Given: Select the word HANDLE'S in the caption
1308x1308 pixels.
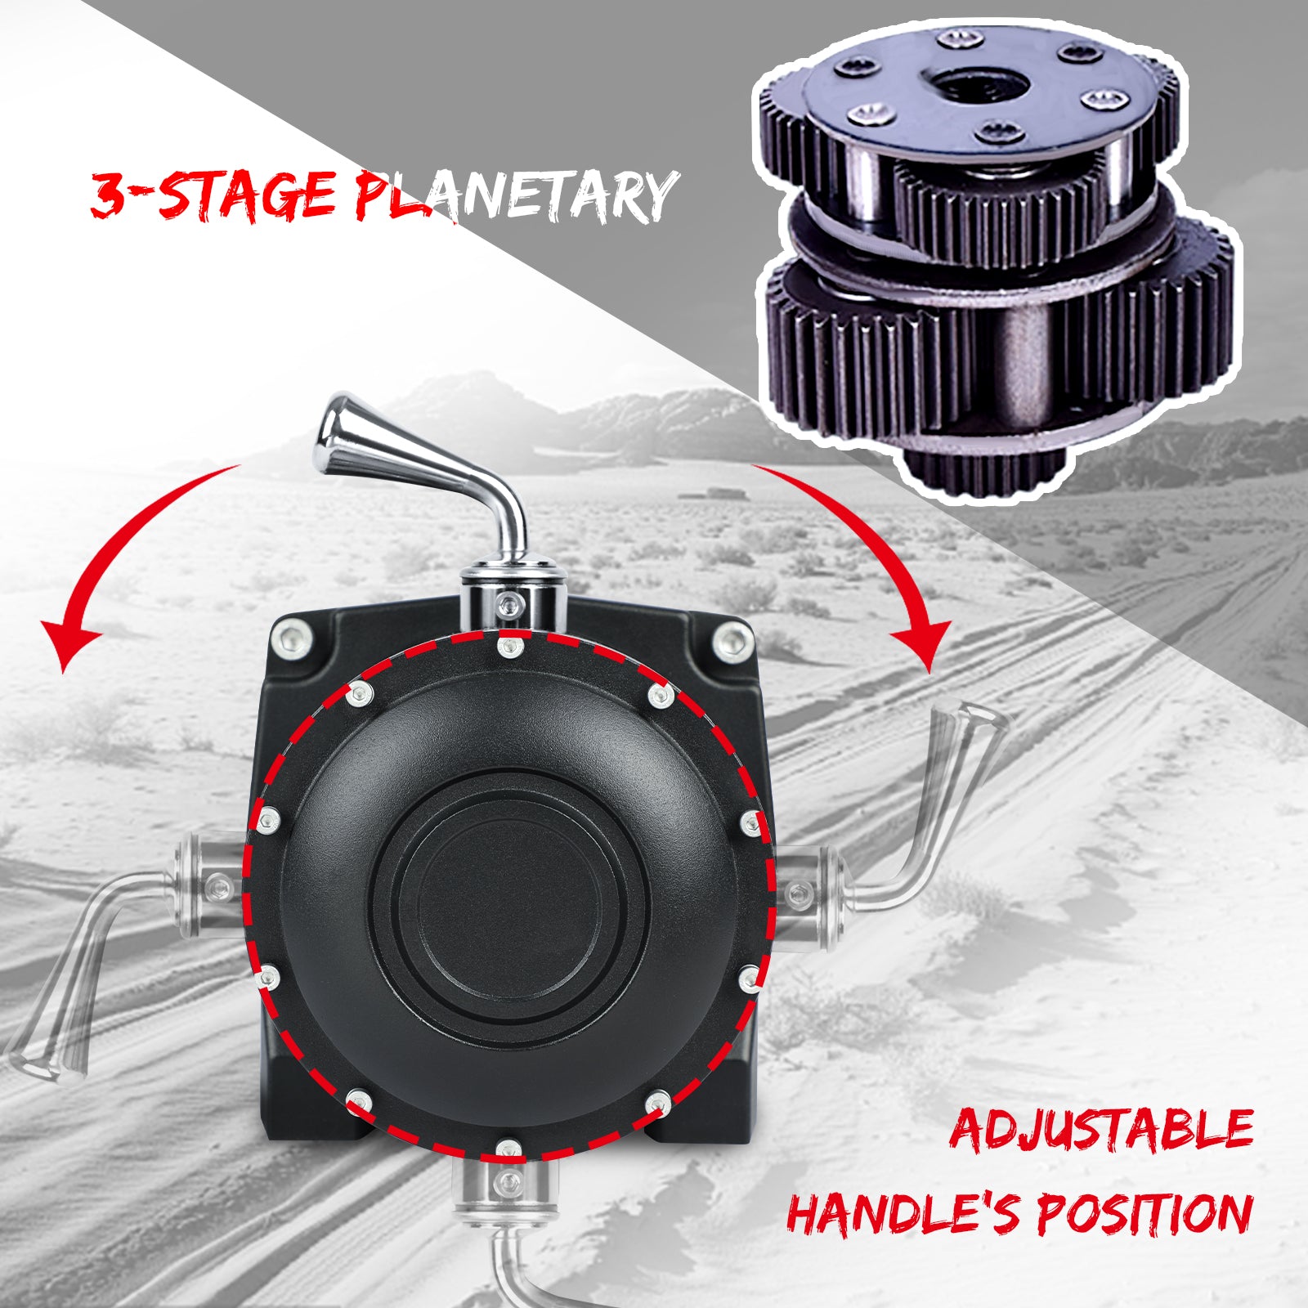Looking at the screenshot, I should [903, 1213].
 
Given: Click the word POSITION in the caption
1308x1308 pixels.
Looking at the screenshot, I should [1144, 1213].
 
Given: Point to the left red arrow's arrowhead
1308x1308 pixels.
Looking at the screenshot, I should [69, 646].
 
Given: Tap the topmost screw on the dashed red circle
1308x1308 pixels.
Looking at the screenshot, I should [509, 648].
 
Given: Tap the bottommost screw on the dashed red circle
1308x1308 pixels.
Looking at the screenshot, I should [508, 1149].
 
